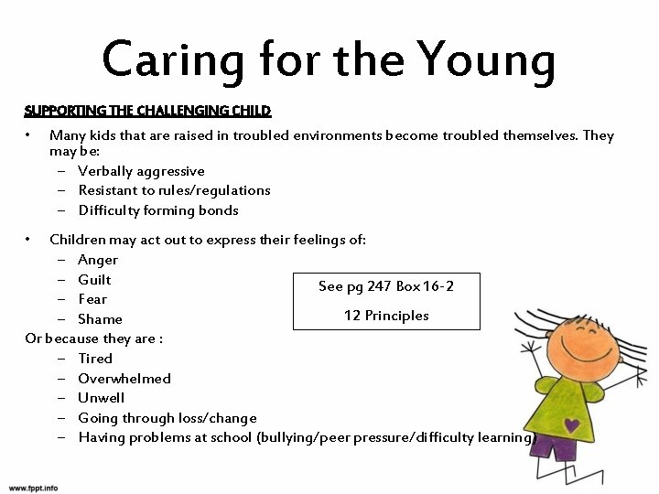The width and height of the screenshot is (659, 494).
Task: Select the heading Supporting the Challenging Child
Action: (x=147, y=112)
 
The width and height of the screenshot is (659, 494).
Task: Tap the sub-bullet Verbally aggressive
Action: (x=141, y=171)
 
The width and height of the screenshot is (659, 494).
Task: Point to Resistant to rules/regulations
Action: (x=174, y=190)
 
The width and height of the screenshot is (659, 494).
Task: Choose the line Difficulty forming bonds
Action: (x=158, y=210)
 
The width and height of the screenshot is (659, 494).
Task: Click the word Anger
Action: (x=98, y=260)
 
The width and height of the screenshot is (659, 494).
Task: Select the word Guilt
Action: (x=94, y=280)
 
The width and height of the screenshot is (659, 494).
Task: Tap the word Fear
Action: (x=92, y=299)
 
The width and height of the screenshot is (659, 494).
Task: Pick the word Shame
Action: (x=100, y=319)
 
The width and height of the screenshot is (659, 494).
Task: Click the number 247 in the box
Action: (x=379, y=286)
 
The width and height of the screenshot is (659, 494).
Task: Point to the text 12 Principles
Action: (x=386, y=316)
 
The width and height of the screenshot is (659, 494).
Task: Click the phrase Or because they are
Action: (x=93, y=338)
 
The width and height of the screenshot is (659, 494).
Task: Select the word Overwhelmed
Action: (x=124, y=378)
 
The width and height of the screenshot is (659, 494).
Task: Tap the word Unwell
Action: (x=102, y=398)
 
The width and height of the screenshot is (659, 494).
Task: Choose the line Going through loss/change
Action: (x=167, y=418)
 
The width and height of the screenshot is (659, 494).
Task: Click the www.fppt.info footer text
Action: (x=34, y=486)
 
